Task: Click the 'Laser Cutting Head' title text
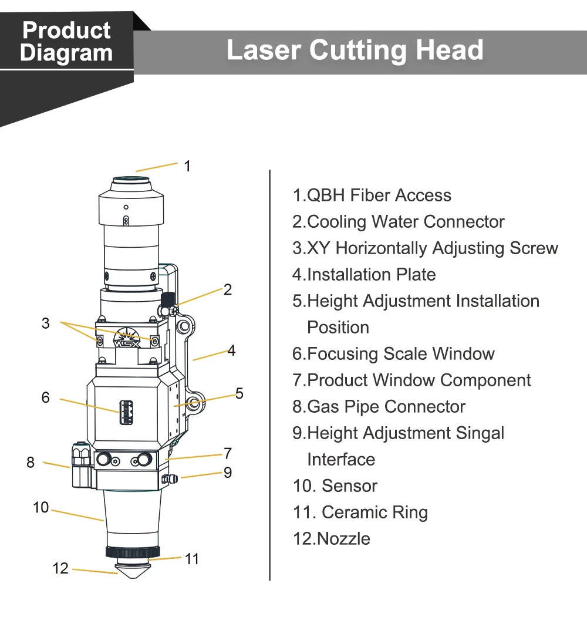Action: pos(355,50)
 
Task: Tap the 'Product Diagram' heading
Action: pos(66,41)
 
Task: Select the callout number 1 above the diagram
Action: pos(187,166)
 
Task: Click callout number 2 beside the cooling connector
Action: pos(228,289)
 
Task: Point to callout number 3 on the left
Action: pos(46,323)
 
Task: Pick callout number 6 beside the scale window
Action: pos(46,397)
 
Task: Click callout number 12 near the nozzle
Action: pos(60,568)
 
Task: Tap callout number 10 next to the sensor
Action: pos(41,507)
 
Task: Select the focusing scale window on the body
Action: pos(126,413)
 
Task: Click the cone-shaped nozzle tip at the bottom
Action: pos(133,569)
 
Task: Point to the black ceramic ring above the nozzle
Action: pos(133,552)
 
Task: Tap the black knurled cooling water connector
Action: pos(168,299)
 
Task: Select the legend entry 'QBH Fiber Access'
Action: pos(372,195)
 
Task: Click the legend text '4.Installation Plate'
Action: pos(365,275)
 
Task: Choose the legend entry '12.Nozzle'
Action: pos(332,539)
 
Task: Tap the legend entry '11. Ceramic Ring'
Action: pos(360,513)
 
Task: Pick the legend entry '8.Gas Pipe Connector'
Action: pos(379,407)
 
